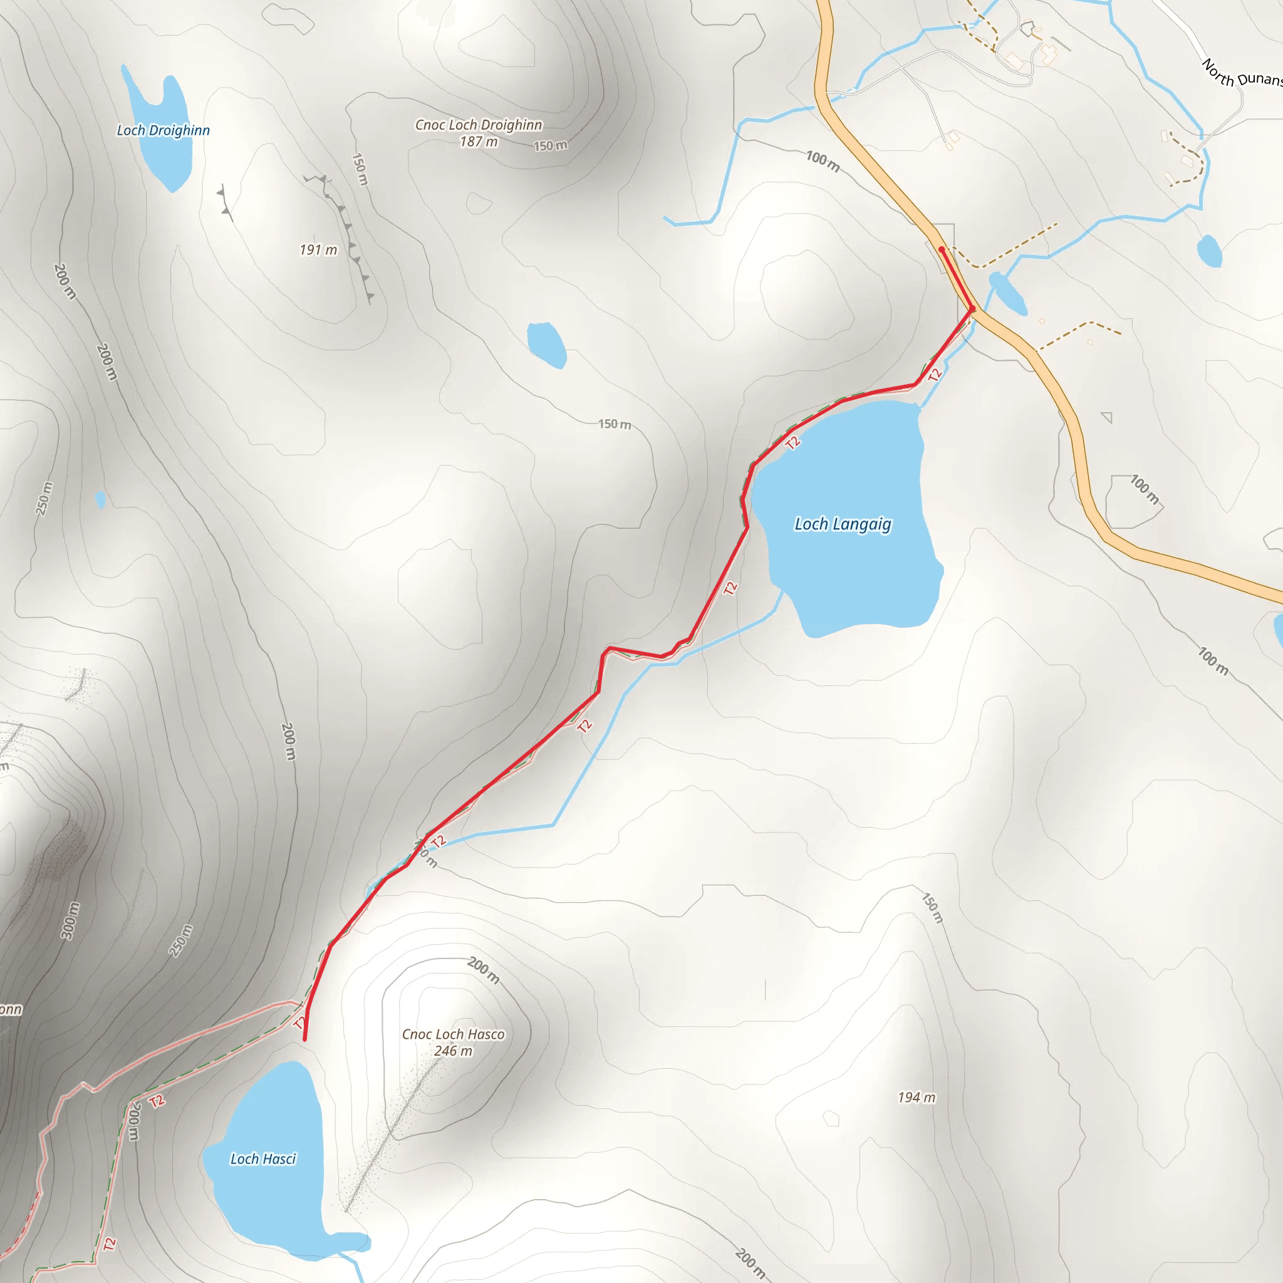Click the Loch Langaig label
(843, 524)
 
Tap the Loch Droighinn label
(164, 131)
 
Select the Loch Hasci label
(263, 1159)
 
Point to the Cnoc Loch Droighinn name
(478, 125)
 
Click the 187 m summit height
(478, 142)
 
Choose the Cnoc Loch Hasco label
(453, 1034)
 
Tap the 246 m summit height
(453, 1051)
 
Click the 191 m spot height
(318, 250)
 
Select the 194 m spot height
(917, 1098)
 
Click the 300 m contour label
(70, 920)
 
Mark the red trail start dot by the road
(942, 250)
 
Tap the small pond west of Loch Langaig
(546, 344)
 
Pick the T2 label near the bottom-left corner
(110, 1244)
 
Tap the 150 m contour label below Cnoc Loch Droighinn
(551, 145)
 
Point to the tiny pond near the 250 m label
(100, 499)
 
